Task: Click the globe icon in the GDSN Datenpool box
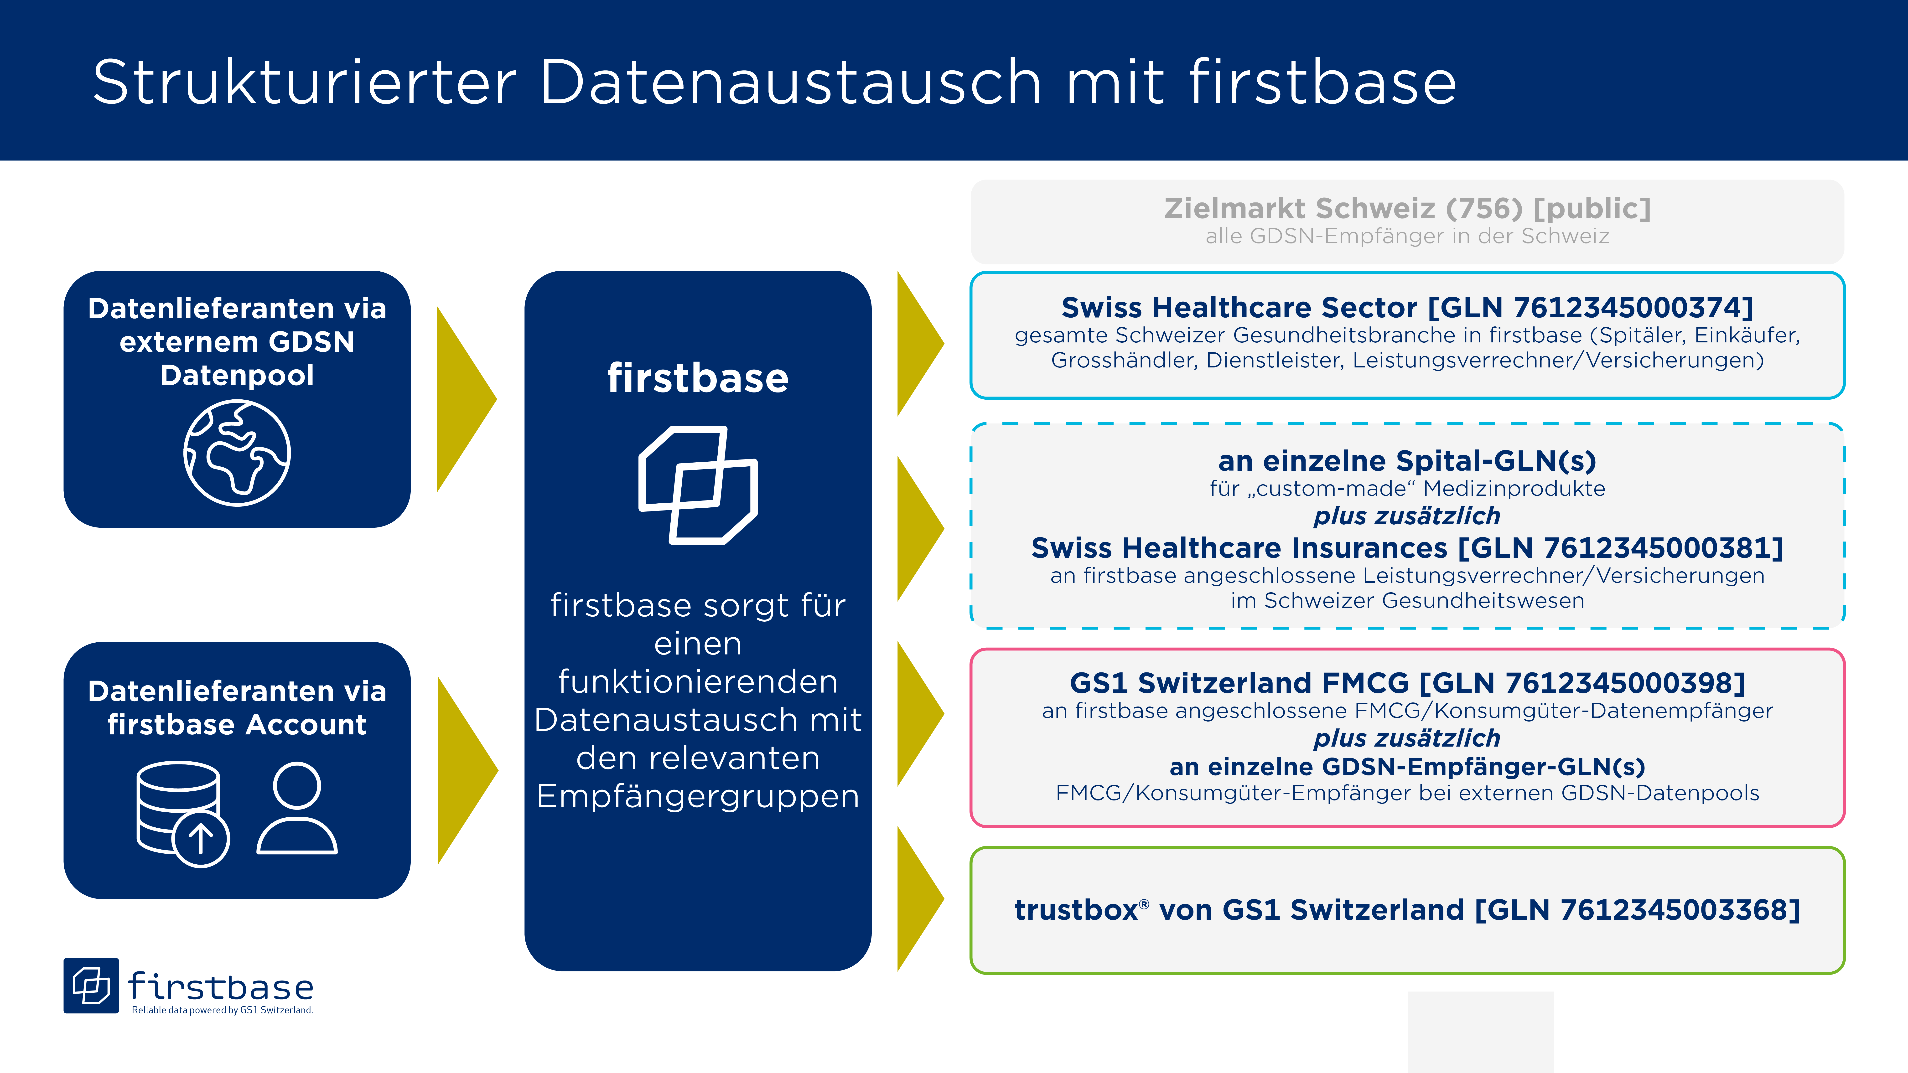237,453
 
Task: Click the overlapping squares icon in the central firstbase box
698,485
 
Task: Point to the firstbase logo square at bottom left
91,986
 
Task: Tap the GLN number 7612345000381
1658,548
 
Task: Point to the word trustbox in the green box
1076,910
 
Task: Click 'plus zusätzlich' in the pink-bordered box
1407,738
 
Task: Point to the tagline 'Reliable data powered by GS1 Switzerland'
222,1010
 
